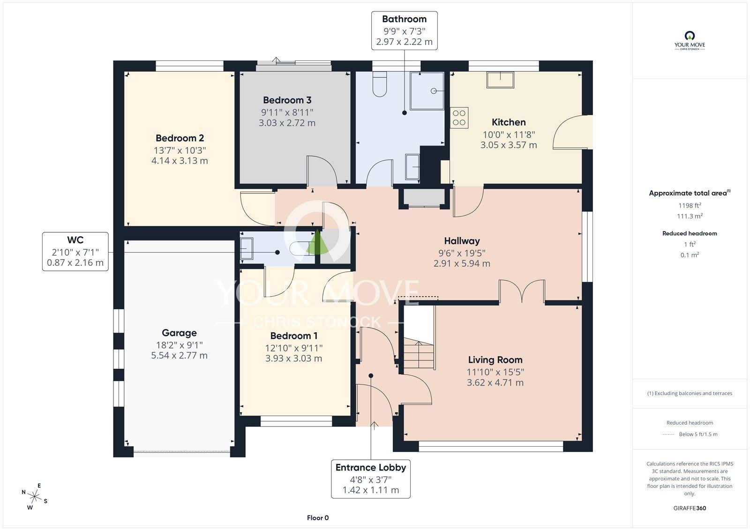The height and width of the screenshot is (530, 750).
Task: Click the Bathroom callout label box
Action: pos(404,30)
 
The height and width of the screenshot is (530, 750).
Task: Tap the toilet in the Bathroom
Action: pos(379,84)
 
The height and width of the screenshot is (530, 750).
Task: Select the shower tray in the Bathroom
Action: pos(427,90)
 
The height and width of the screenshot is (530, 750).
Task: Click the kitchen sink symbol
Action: pos(500,80)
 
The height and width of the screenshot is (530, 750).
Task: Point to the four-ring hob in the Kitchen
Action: pos(459,118)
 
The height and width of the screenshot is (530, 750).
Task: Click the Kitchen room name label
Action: pos(509,122)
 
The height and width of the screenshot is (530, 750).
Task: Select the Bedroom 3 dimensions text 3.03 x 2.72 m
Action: pos(287,123)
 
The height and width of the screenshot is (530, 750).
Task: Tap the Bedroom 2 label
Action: pos(180,138)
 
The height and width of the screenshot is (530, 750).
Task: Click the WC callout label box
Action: pos(75,251)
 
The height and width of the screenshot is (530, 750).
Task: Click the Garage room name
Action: pos(179,333)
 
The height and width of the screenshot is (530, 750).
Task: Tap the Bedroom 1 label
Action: pos(293,336)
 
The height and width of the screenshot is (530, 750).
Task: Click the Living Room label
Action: pos(495,360)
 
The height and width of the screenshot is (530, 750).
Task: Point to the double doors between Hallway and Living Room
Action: pos(522,291)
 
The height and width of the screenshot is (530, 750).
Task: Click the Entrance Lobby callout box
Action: pos(370,478)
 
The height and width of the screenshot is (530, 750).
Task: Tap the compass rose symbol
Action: pos(35,496)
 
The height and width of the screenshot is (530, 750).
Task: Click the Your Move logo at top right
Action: pos(690,41)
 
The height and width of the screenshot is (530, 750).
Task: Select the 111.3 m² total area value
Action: pos(690,216)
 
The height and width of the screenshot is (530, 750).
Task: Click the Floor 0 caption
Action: pos(318,518)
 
